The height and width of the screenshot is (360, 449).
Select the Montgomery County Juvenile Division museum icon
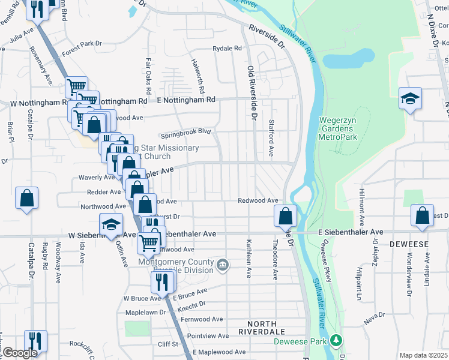click(223, 265)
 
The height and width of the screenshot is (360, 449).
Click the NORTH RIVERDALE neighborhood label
click(261, 326)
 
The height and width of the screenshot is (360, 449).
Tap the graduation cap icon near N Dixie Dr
click(411, 99)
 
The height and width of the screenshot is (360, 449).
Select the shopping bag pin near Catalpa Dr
click(27, 199)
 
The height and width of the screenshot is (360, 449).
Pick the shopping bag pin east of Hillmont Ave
click(423, 216)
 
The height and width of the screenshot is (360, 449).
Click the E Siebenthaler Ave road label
click(351, 232)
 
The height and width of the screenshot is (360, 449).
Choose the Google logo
click(20, 353)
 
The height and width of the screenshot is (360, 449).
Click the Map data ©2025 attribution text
click(423, 356)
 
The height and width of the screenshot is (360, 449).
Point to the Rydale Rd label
click(228, 49)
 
